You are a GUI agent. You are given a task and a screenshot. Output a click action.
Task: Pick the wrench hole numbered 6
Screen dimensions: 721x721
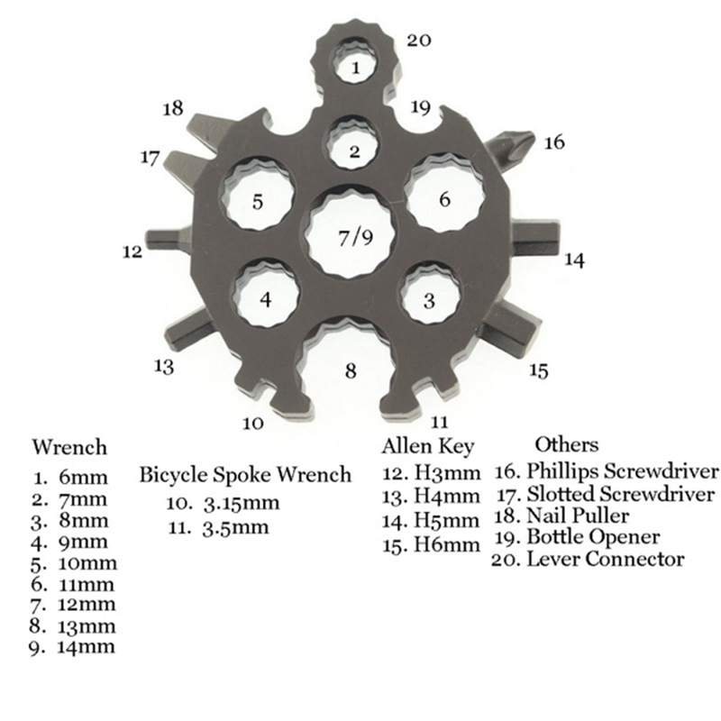[x=444, y=198]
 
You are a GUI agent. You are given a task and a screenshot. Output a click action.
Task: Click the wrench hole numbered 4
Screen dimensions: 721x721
[x=266, y=298]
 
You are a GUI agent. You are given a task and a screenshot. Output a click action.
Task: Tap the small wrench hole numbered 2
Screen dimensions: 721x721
[x=355, y=150]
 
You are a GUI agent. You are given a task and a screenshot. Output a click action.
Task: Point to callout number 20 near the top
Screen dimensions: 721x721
[x=420, y=40]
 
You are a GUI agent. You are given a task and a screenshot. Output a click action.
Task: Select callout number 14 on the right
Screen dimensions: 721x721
[x=574, y=260]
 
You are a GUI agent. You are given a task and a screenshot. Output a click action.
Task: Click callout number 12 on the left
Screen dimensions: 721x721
[x=132, y=252]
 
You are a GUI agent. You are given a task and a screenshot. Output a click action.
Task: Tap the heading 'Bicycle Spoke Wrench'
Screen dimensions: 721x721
[x=245, y=475]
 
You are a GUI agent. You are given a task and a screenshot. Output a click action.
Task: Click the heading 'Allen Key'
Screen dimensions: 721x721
[x=428, y=446]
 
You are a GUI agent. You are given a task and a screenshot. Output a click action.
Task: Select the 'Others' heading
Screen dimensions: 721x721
[x=566, y=444]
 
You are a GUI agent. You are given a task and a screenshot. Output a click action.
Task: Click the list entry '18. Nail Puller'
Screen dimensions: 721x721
[x=567, y=516]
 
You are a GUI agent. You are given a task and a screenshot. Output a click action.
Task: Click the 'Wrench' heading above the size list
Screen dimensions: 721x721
[x=69, y=447]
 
